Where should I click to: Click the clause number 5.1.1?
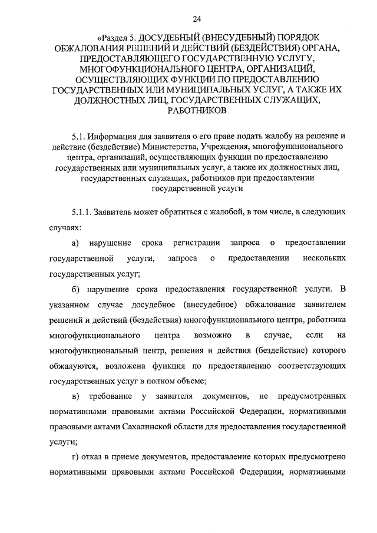(x=84, y=211)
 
